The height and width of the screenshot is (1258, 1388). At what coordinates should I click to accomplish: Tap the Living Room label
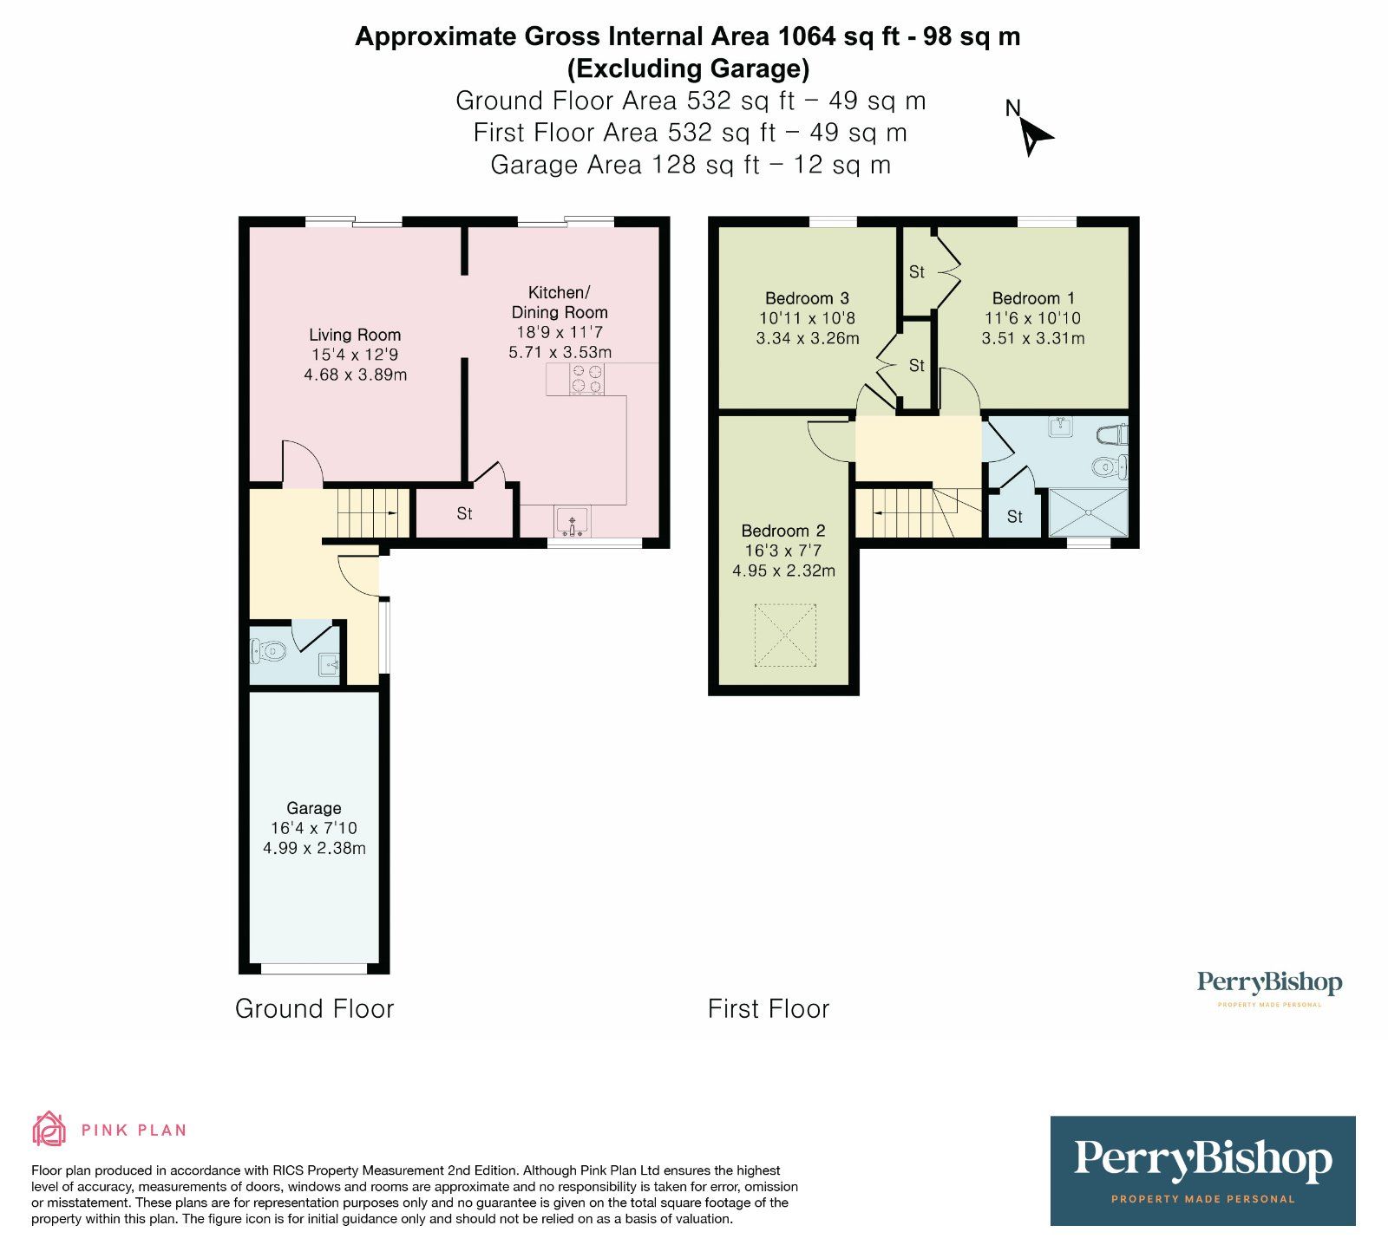point(355,335)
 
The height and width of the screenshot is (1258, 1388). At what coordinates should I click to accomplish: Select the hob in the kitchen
point(586,379)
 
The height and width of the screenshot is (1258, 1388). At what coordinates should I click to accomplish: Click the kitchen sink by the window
point(573,520)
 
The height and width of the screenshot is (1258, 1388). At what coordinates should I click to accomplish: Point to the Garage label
point(314,808)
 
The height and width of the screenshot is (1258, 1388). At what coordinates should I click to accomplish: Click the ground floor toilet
point(268,650)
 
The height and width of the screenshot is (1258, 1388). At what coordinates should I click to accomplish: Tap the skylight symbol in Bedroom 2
point(785,636)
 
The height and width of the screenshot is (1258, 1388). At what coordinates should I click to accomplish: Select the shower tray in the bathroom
point(1088,512)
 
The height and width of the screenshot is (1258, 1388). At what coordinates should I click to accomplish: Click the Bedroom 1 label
point(1033,298)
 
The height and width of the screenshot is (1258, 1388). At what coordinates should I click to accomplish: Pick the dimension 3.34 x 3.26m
point(808,338)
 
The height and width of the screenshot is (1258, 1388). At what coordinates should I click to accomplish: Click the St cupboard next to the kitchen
point(464,514)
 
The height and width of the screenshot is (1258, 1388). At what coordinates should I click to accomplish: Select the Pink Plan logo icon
point(49,1129)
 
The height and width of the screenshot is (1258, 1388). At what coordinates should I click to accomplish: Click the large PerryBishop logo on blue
point(1202,1170)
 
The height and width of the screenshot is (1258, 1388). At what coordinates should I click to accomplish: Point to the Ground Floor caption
point(315,1008)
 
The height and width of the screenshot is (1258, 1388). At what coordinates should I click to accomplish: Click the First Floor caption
point(769,1008)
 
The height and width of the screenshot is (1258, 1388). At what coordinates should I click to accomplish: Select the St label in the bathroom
point(1014,517)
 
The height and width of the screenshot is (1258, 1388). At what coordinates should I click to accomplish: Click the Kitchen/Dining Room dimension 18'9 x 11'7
point(560,332)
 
